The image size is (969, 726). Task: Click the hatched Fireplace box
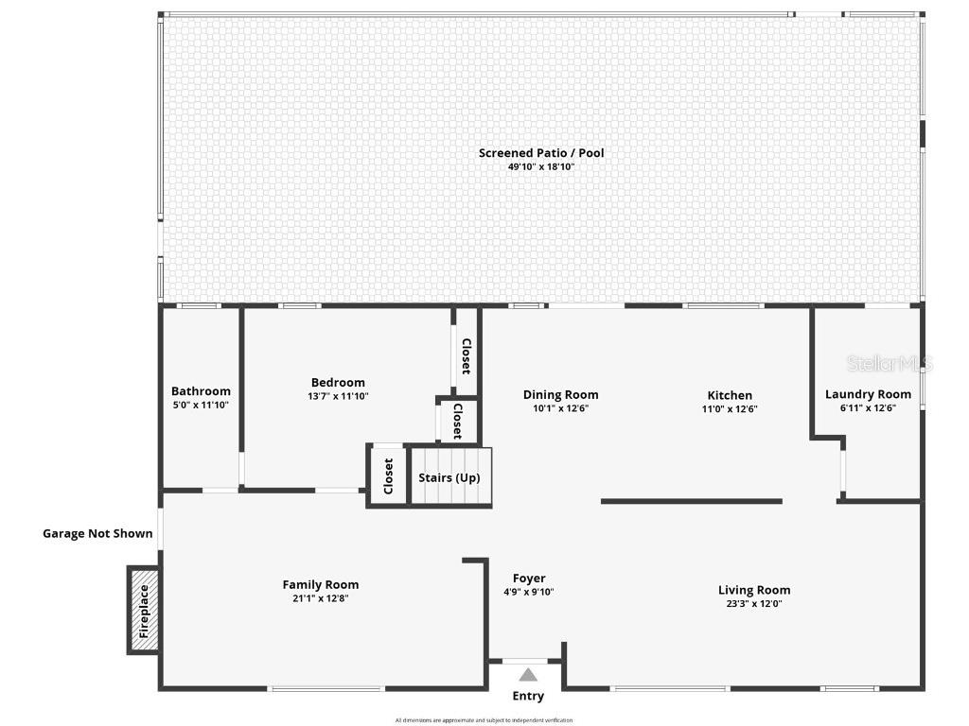[x=144, y=610]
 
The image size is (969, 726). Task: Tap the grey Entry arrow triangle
[x=528, y=674]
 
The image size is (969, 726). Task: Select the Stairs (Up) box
[x=449, y=477]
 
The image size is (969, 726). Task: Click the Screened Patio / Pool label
[x=540, y=153]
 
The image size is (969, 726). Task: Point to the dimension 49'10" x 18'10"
[x=540, y=167]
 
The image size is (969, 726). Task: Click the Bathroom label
[x=201, y=391]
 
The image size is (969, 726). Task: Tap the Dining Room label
[x=560, y=395]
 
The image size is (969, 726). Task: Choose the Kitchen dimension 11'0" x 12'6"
[x=730, y=409]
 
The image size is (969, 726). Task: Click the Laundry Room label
[x=868, y=394]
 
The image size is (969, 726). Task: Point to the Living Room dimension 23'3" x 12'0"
[x=753, y=604]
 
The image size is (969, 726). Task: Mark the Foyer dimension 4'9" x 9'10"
[x=529, y=593]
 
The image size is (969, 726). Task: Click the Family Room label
[x=321, y=584]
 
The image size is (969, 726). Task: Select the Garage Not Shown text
[x=97, y=533]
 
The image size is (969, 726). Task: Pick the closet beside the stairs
[x=388, y=475]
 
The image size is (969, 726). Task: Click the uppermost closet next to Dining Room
[x=466, y=355]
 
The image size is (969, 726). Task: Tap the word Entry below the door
[x=528, y=697]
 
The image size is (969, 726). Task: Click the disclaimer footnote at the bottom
[x=484, y=720]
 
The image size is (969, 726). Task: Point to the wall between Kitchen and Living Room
[x=691, y=501]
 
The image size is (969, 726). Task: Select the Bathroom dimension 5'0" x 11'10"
[x=201, y=405]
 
